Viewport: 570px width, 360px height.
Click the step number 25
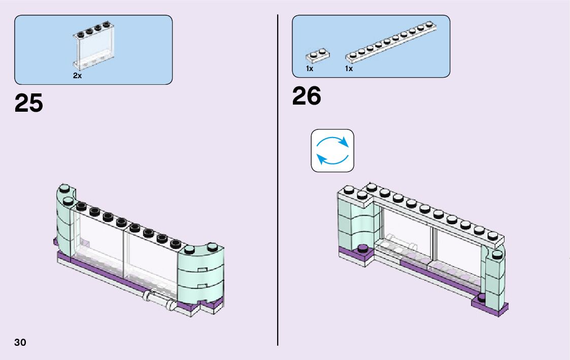pos(29,103)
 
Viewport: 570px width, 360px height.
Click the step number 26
pos(307,96)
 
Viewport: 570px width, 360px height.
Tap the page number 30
pos(20,342)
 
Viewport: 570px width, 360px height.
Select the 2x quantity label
pos(77,76)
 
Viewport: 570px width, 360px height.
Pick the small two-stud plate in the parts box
pos(317,55)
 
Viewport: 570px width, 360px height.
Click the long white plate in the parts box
pos(391,43)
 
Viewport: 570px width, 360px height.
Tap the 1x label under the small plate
pos(310,69)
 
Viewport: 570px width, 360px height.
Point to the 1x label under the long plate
pos(349,69)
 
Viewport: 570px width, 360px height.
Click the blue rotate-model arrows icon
pos(332,150)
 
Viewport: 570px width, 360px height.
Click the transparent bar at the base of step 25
pos(159,300)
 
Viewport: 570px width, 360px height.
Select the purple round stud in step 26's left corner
pos(362,248)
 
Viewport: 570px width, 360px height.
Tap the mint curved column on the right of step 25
pos(200,274)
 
